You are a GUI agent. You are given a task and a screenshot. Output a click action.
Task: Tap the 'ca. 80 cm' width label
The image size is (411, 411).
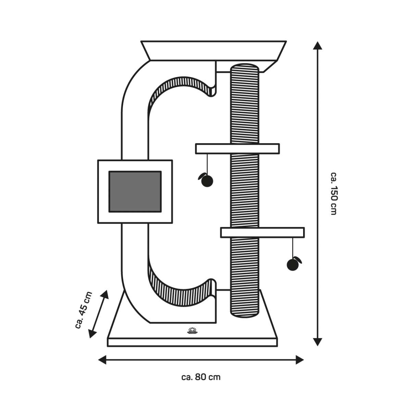tap(201, 377)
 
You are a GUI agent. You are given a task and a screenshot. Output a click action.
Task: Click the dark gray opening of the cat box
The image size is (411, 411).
tap(135, 191)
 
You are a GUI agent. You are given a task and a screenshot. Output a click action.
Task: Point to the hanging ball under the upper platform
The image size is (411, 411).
tap(207, 180)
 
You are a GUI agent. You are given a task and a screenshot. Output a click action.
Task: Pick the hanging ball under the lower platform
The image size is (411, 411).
tap(294, 264)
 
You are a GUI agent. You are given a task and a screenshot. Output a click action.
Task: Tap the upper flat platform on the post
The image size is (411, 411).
tap(237, 149)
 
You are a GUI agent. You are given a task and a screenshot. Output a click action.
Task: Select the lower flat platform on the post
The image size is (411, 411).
tap(262, 233)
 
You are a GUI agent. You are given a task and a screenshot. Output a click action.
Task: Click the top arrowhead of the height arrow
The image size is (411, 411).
tap(317, 46)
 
